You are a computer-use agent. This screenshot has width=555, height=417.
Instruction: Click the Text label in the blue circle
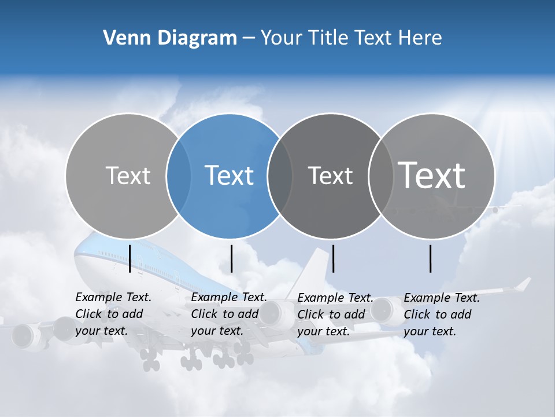[x=230, y=175]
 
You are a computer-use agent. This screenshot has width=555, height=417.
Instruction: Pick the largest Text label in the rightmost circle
[x=432, y=175]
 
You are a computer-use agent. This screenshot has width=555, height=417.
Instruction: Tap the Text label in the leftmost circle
[x=128, y=175]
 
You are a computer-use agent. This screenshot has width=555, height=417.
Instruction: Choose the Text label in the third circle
[x=330, y=175]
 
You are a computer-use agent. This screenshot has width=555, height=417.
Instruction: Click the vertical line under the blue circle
[x=232, y=258]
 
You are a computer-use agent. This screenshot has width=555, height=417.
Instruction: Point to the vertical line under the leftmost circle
[x=130, y=258]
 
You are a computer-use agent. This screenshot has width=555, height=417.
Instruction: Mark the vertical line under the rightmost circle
[x=431, y=258]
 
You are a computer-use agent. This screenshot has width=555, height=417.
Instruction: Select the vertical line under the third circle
[x=334, y=258]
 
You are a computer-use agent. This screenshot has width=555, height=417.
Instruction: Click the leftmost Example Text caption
[x=113, y=314]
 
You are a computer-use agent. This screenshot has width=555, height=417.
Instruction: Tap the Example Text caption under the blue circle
[x=228, y=314]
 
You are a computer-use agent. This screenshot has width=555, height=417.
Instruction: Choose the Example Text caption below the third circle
[x=335, y=314]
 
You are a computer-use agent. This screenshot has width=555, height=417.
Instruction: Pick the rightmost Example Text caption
[x=442, y=314]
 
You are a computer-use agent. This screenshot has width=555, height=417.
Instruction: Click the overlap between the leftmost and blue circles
[x=179, y=175]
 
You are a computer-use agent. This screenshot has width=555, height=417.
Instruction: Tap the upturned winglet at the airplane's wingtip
[x=523, y=284]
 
